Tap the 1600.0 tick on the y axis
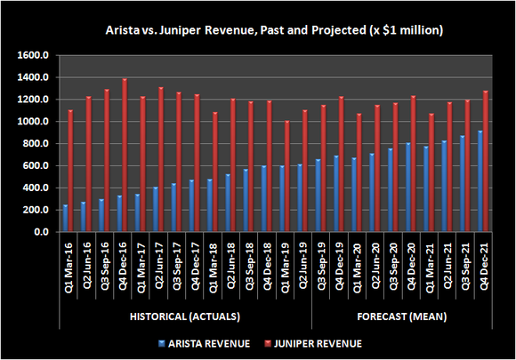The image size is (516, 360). (33, 55)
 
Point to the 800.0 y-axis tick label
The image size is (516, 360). (35, 143)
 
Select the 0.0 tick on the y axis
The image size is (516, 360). (41, 232)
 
